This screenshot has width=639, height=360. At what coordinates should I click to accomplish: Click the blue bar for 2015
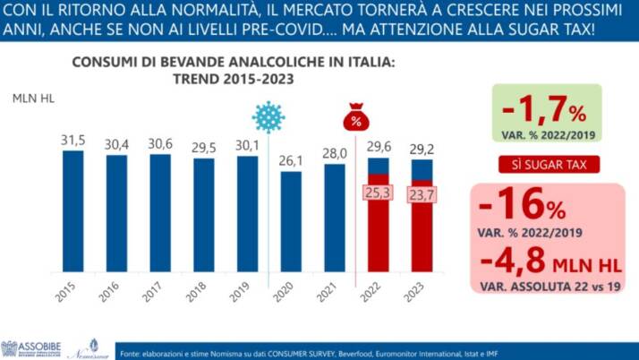tap(72, 210)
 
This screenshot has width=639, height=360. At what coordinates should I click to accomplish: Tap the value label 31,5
tap(72, 140)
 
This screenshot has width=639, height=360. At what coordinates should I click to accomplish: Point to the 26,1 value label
tap(292, 160)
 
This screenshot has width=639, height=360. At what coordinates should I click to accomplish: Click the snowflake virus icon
tap(267, 118)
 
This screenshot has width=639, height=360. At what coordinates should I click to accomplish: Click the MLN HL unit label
tap(33, 98)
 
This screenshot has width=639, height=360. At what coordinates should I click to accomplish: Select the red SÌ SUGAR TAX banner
tap(549, 164)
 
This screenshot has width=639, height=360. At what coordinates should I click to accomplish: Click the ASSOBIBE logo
tap(30, 348)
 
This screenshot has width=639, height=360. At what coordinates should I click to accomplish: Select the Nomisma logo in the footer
tap(83, 348)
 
